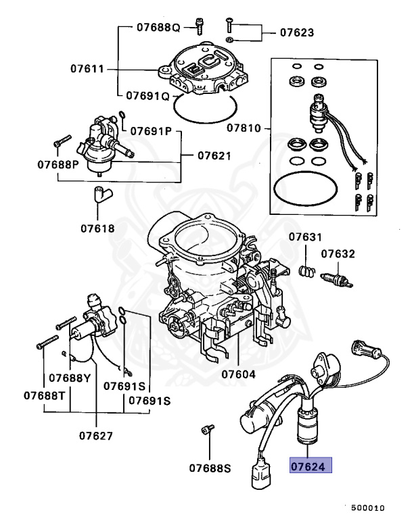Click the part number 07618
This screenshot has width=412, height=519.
98,228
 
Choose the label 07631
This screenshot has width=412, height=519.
306,237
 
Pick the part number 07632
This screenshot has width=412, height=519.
338,254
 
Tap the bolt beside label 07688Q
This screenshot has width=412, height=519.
199,26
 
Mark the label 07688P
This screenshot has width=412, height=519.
57,164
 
